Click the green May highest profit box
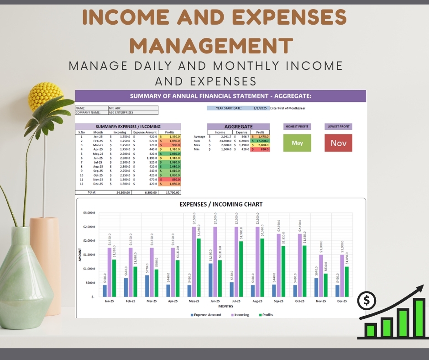297,143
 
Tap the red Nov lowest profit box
339,143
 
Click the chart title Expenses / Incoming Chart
221,204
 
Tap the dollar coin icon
367,301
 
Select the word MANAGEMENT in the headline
214,46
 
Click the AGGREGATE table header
238,127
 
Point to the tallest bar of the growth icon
419,318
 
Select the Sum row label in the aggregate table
197,141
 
